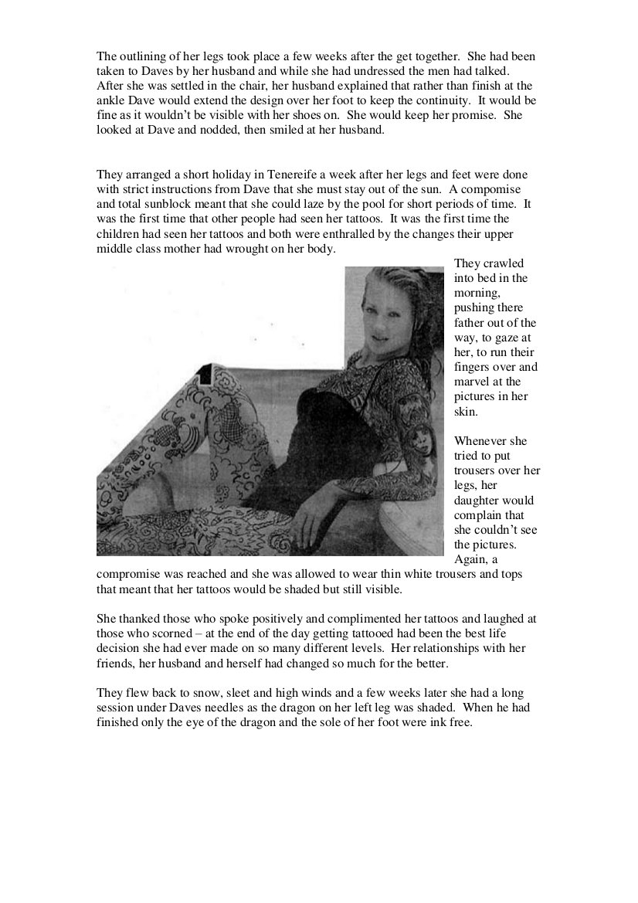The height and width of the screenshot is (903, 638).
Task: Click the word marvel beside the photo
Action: pyautogui.click(x=471, y=382)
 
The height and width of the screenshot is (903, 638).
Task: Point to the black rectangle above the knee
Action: pyautogui.click(x=205, y=376)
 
